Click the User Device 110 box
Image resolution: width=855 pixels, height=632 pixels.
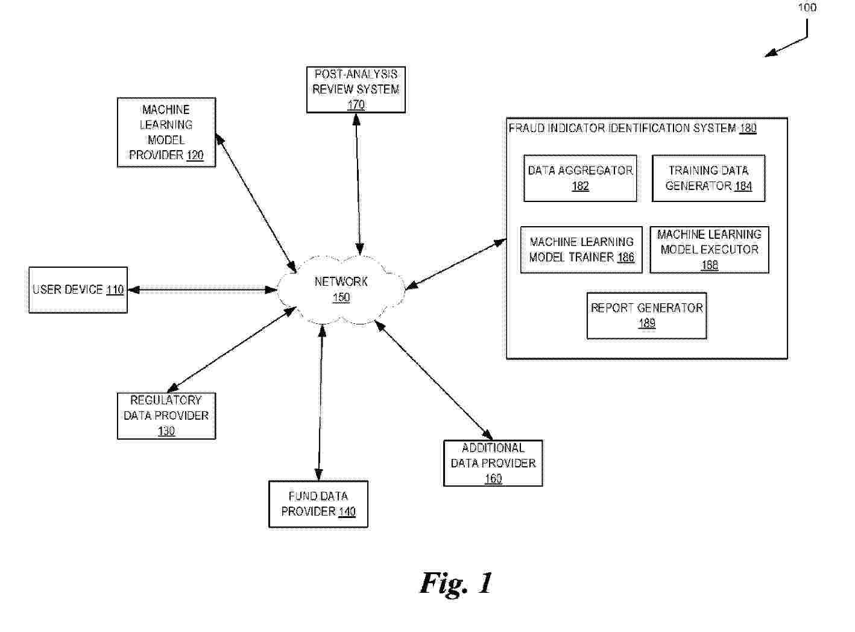[78, 290]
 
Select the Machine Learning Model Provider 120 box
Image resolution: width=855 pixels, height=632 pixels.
[166, 132]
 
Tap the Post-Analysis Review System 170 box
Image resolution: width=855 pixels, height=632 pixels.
[356, 90]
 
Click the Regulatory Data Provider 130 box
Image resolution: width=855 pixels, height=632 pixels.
[166, 416]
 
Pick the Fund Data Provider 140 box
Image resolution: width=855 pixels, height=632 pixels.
[318, 504]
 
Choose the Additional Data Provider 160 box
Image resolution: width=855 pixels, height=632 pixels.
[493, 463]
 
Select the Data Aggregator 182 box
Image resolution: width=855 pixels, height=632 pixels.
[580, 179]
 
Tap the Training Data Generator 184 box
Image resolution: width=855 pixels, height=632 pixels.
[708, 179]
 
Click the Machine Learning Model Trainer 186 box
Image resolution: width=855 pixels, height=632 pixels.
[581, 250]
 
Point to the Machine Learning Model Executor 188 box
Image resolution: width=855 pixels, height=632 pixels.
[709, 250]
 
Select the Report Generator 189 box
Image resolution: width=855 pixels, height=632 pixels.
[646, 315]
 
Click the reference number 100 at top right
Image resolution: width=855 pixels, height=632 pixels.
[807, 8]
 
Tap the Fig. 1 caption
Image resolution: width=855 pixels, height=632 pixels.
[456, 583]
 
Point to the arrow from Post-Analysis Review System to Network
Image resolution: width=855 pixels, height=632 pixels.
[358, 184]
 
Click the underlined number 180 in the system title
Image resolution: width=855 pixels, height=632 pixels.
[748, 128]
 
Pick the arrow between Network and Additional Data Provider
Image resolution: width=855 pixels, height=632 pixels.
[434, 379]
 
